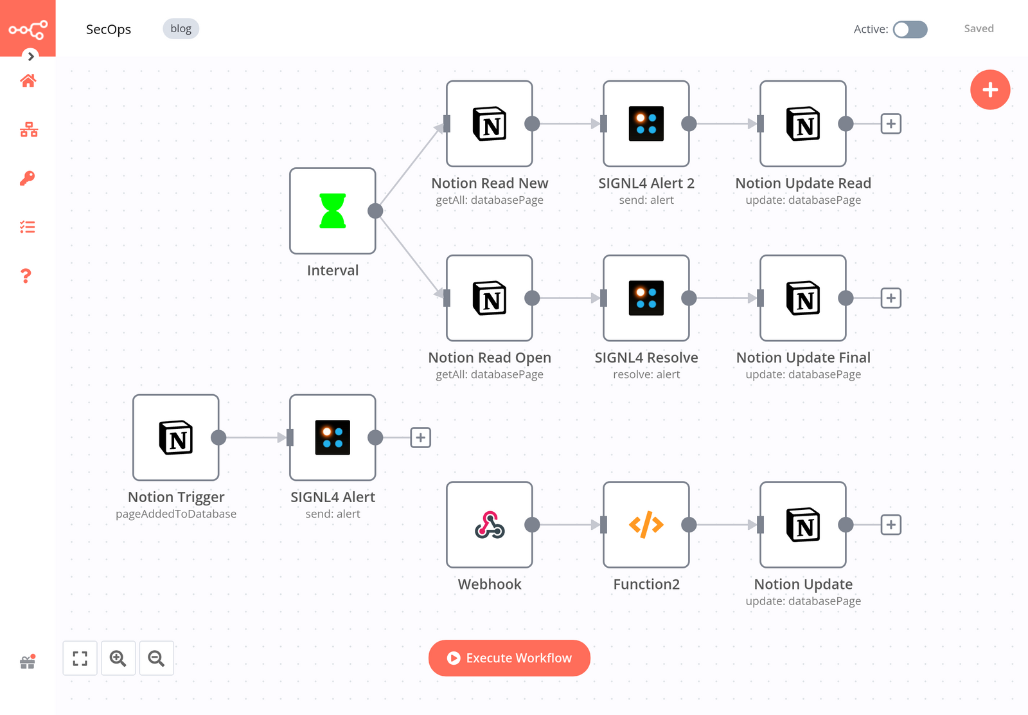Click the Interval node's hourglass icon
(333, 211)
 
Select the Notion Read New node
(490, 123)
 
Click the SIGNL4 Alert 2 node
(646, 123)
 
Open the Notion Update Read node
(803, 123)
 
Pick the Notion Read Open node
(490, 298)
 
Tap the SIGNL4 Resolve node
(646, 298)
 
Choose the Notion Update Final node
(803, 298)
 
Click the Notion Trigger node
(176, 437)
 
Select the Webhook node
(490, 525)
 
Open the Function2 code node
(646, 525)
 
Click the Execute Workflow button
(510, 658)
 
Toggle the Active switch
(910, 30)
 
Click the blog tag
(181, 29)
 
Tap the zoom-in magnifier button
(118, 658)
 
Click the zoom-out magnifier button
(156, 658)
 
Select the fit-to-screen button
(80, 658)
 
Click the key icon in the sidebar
(28, 178)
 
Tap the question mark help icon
(26, 276)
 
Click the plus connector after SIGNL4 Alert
(420, 437)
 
